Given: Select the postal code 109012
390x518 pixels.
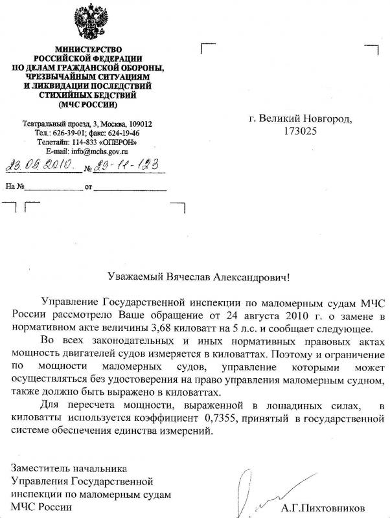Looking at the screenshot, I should [x=139, y=124].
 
